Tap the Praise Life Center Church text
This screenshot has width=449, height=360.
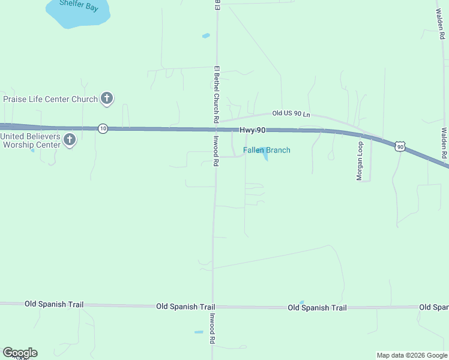pyautogui.click(x=50, y=99)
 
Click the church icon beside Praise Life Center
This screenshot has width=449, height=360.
pyautogui.click(x=107, y=99)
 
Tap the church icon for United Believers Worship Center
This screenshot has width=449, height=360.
pyautogui.click(x=70, y=140)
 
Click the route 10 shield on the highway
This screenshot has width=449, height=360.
pyautogui.click(x=103, y=129)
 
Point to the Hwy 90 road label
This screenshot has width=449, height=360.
pyautogui.click(x=252, y=130)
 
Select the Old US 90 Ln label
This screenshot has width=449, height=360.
pyautogui.click(x=291, y=113)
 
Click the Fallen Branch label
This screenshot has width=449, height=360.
pyautogui.click(x=267, y=150)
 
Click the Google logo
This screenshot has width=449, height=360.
pyautogui.click(x=20, y=353)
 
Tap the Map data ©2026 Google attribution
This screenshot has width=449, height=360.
pyautogui.click(x=411, y=355)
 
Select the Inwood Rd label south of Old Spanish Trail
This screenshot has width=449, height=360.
pyautogui.click(x=211, y=328)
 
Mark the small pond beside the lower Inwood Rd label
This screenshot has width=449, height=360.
pyautogui.click(x=199, y=332)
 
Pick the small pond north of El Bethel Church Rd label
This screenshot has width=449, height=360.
pyautogui.click(x=206, y=36)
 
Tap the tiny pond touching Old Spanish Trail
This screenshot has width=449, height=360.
pyautogui.click(x=301, y=302)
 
